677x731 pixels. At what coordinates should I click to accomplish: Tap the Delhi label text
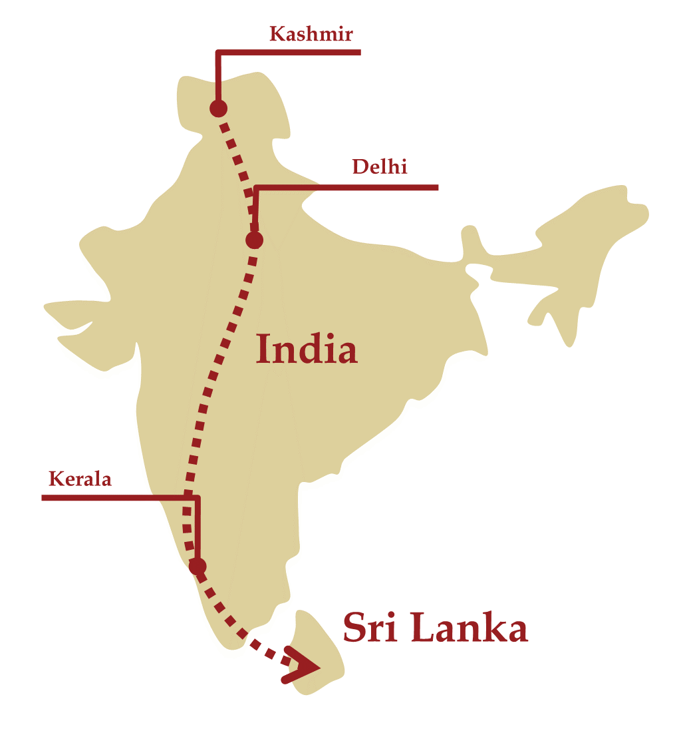click(x=379, y=166)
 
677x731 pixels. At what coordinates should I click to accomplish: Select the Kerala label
click(x=80, y=479)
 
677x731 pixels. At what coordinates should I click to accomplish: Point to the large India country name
click(x=307, y=350)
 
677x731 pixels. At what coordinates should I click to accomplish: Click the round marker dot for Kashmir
click(x=218, y=108)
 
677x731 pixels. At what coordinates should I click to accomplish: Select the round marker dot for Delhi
click(x=255, y=240)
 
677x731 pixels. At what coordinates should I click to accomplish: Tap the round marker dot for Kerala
click(x=198, y=566)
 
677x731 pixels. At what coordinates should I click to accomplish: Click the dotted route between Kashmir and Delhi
click(x=236, y=160)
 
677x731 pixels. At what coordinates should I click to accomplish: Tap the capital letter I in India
click(x=264, y=350)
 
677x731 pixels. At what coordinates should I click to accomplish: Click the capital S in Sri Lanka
click(x=354, y=628)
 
